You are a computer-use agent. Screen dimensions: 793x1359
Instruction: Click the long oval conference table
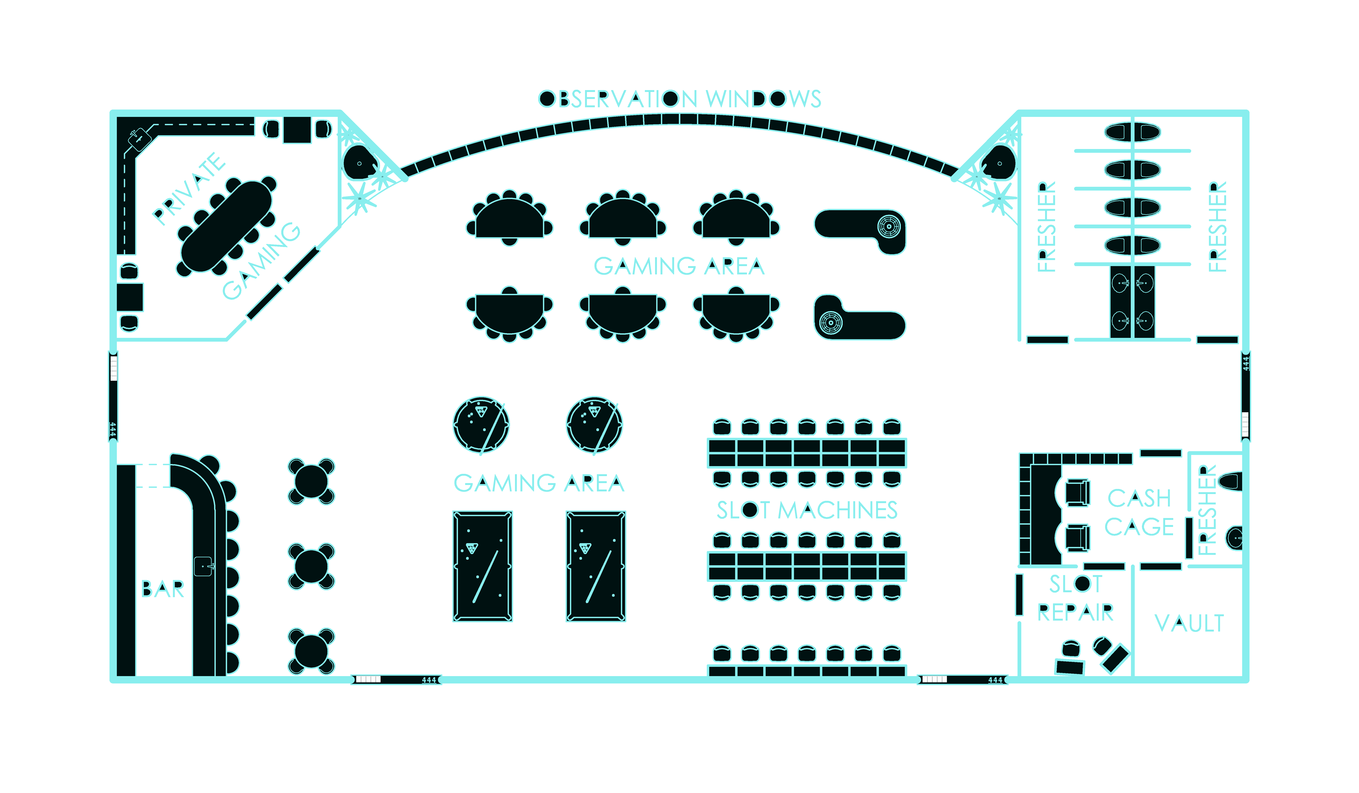pyautogui.click(x=227, y=227)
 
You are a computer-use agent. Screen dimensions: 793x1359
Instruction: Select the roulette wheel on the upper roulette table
pyautogui.click(x=889, y=227)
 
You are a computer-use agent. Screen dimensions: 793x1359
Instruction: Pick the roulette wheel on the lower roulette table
pyautogui.click(x=830, y=323)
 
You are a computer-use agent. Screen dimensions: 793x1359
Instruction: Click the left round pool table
pyautogui.click(x=481, y=425)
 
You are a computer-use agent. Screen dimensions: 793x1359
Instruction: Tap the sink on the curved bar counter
pyautogui.click(x=203, y=566)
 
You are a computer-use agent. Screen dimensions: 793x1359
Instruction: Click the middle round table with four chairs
pyautogui.click(x=311, y=566)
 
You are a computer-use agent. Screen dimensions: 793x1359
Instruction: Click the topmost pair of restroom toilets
pyautogui.click(x=1132, y=132)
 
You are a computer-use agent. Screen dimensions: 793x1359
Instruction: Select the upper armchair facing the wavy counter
pyautogui.click(x=1077, y=493)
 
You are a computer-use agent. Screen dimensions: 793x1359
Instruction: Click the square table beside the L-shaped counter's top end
pyautogui.click(x=297, y=130)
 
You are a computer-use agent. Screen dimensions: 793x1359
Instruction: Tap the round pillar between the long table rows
pyautogui.click(x=750, y=509)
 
